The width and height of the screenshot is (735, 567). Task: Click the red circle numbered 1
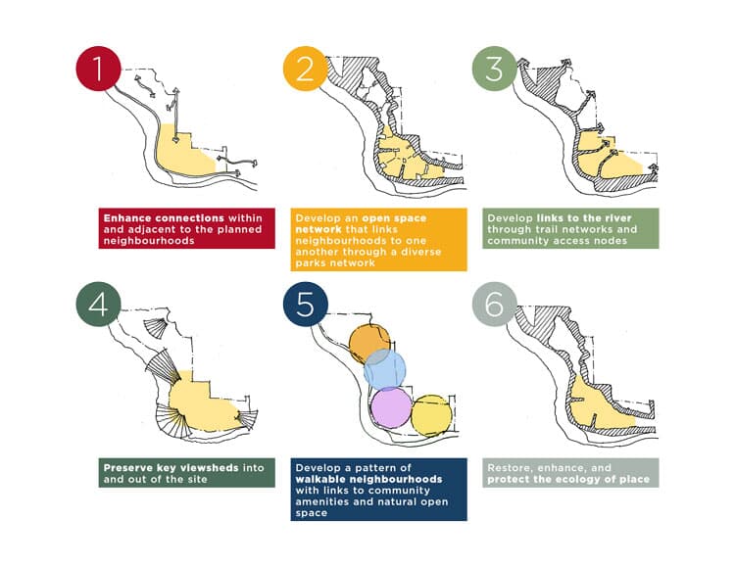coord(98,69)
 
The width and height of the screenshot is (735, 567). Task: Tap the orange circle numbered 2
coord(305,69)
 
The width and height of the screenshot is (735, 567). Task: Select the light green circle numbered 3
coord(494,69)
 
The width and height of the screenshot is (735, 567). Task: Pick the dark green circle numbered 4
coord(98,305)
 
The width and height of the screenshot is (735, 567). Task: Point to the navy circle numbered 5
coord(305,305)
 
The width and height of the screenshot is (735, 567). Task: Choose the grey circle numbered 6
coord(494,305)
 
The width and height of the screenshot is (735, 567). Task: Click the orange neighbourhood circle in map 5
coord(369,344)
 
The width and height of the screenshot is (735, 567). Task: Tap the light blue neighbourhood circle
coord(385,369)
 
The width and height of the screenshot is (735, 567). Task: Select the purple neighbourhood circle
coord(391,407)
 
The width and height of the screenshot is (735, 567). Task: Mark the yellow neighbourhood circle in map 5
coord(432,416)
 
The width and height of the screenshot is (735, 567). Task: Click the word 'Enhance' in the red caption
coord(127,218)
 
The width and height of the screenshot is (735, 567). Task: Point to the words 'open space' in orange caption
coord(394,218)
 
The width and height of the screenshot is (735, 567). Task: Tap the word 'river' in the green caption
coord(615,218)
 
